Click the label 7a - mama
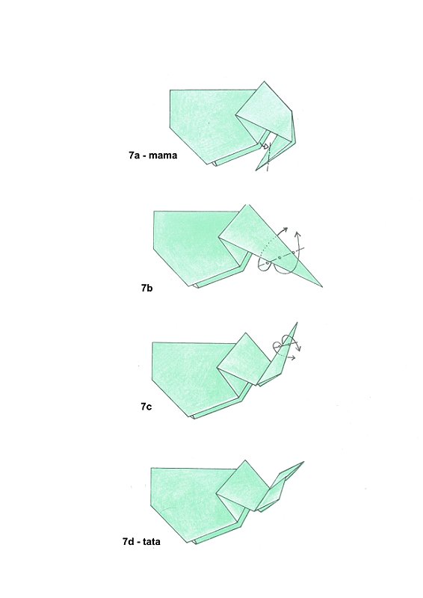click(152, 157)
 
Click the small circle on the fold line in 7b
click(279, 257)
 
